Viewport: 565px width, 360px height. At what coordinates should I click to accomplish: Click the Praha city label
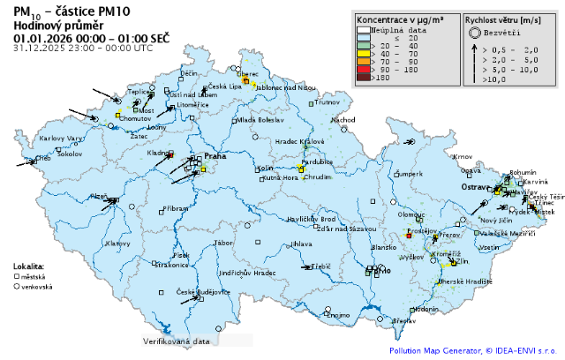[x=215, y=156]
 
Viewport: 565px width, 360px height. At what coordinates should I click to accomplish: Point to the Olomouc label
[x=411, y=214]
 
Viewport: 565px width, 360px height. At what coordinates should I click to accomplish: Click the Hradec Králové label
[x=300, y=141]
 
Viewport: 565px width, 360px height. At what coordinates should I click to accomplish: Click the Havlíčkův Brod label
[x=313, y=219]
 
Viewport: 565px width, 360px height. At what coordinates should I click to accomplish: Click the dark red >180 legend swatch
[x=362, y=79]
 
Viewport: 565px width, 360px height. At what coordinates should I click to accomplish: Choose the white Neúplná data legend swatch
[x=362, y=29]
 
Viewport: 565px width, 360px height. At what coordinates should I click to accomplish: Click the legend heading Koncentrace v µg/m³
[x=405, y=18]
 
